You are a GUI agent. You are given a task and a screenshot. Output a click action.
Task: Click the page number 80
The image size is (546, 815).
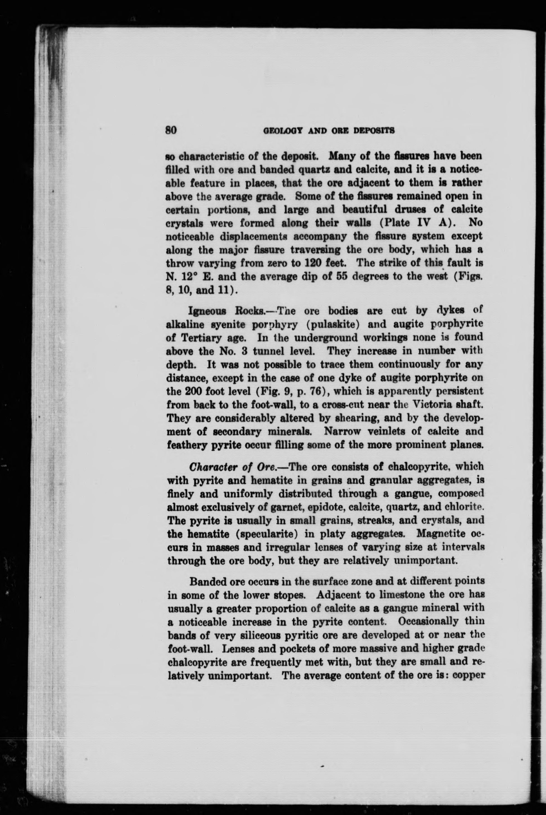pyautogui.click(x=171, y=130)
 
